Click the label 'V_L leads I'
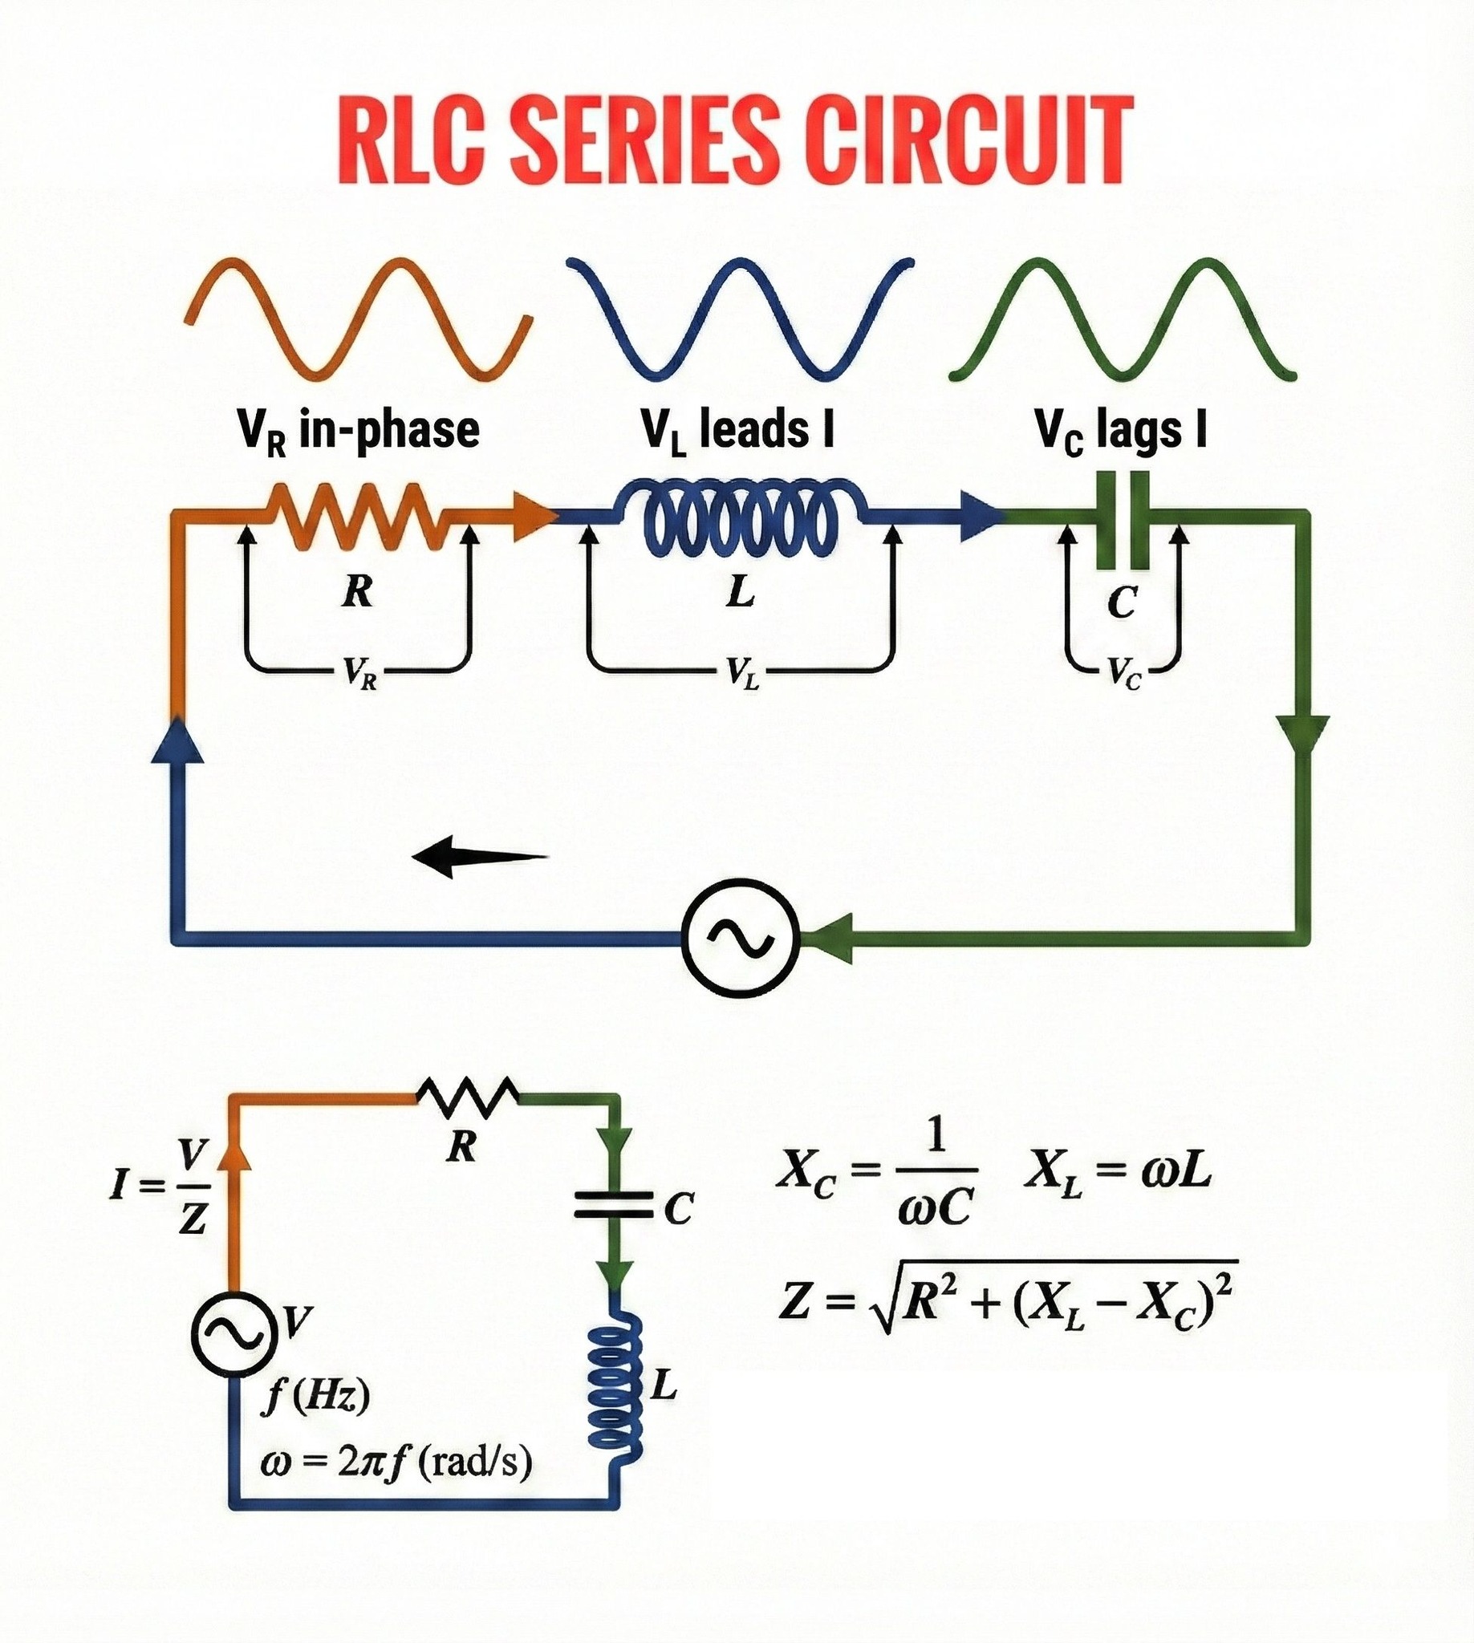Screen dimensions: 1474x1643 738,430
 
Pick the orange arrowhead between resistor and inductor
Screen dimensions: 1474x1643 533,515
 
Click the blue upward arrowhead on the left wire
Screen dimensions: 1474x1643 177,739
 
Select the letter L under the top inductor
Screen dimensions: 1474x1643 741,593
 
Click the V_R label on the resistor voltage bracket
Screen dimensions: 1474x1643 359,671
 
